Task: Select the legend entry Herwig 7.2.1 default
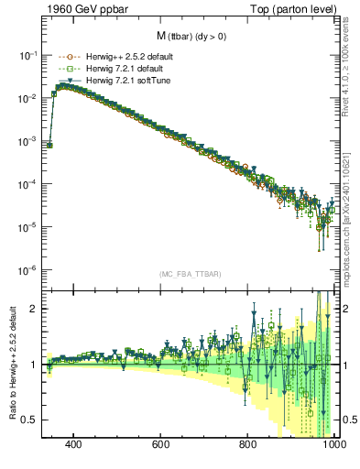[x=112, y=69]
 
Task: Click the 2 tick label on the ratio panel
[x=33, y=309]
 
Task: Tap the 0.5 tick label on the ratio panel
[x=29, y=420]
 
